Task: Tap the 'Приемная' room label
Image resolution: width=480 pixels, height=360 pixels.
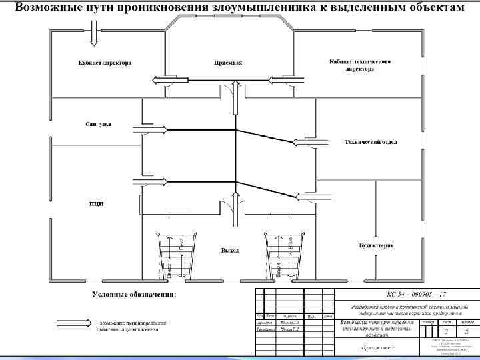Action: pos(228,63)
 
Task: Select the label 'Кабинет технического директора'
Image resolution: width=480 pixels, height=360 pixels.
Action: pos(359,65)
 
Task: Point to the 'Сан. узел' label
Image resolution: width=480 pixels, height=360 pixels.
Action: pos(98,124)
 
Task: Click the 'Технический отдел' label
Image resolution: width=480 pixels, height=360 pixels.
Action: pos(371,142)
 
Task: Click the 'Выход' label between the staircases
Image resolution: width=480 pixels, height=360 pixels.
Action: pos(230,251)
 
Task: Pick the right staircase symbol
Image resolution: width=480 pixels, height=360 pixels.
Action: pos(284,257)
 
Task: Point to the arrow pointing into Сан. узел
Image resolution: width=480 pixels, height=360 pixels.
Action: pos(150,128)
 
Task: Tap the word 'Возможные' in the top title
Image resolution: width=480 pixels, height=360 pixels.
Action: pos(45,8)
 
